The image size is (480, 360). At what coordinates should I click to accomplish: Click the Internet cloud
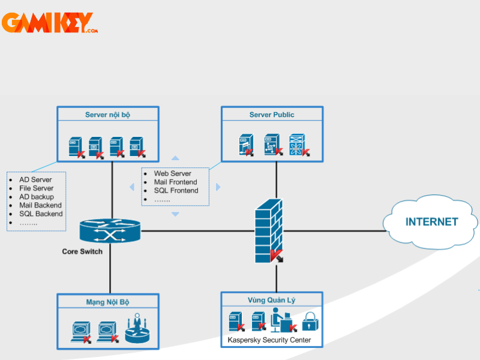click(x=431, y=222)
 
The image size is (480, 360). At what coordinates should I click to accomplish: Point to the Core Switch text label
click(x=82, y=251)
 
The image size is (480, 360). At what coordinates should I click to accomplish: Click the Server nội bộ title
click(x=107, y=115)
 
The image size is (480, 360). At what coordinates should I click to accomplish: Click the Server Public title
click(x=272, y=115)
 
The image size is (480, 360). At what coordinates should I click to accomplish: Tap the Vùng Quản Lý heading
click(x=272, y=300)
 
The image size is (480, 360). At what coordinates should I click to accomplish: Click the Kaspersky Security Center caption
click(x=269, y=340)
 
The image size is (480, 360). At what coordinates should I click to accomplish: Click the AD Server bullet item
click(x=35, y=179)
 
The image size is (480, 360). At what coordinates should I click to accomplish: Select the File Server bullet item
click(x=36, y=188)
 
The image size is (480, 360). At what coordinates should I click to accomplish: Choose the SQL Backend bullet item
click(x=41, y=214)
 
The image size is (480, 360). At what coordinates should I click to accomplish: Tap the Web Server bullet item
click(x=172, y=173)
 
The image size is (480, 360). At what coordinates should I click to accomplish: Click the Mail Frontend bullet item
click(x=175, y=182)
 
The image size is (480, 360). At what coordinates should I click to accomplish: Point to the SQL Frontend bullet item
click(x=176, y=190)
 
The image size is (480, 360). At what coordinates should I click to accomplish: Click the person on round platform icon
click(x=137, y=328)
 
